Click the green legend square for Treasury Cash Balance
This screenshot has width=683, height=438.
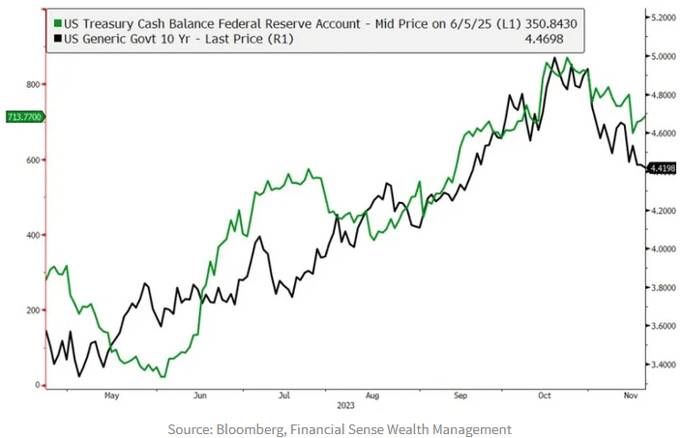pyautogui.click(x=59, y=22)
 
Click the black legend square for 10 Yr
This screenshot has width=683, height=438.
pyautogui.click(x=59, y=39)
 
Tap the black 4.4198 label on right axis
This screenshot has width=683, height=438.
pyautogui.click(x=662, y=169)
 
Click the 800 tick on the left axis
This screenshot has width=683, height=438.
pyautogui.click(x=31, y=85)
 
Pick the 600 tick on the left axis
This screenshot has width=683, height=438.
pyautogui.click(x=31, y=161)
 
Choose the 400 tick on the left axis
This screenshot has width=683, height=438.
pyautogui.click(x=31, y=235)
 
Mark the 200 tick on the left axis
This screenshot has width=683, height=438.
pyautogui.click(x=31, y=310)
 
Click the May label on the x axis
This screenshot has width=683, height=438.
pyautogui.click(x=111, y=394)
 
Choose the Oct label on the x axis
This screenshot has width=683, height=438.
pyautogui.click(x=544, y=394)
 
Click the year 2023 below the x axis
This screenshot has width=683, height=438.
pyautogui.click(x=345, y=407)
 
